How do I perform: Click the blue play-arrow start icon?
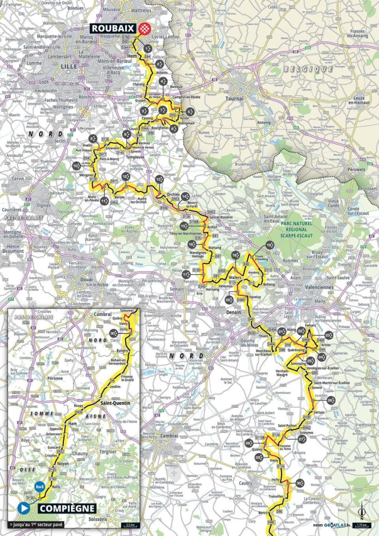(x=22, y=508)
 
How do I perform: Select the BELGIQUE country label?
(x=307, y=69)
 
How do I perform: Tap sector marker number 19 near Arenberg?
(x=269, y=245)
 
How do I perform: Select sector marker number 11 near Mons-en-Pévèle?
(x=105, y=200)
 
